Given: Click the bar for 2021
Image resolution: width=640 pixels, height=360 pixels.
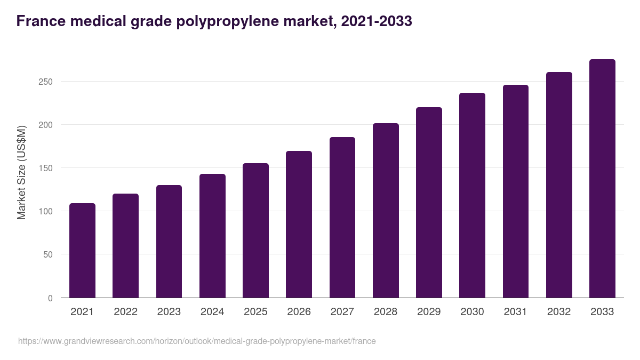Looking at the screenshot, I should pyautogui.click(x=82, y=251).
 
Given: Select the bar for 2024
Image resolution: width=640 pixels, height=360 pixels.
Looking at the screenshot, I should pyautogui.click(x=212, y=236).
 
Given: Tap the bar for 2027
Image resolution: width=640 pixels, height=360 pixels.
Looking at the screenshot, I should pyautogui.click(x=342, y=218).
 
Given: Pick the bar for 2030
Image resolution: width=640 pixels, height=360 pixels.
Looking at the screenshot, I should pyautogui.click(x=472, y=195).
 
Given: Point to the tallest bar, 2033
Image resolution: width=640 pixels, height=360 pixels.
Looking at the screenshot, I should pyautogui.click(x=602, y=179).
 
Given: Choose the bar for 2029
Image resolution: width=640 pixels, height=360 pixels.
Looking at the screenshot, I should pyautogui.click(x=429, y=203).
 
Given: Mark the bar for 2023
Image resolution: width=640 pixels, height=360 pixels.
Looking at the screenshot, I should pyautogui.click(x=169, y=242).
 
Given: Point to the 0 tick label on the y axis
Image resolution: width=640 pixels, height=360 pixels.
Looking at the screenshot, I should pyautogui.click(x=50, y=298).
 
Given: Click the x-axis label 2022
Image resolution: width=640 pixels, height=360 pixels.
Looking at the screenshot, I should pyautogui.click(x=125, y=312).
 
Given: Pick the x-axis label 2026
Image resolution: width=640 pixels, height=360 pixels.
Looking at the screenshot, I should pyautogui.click(x=299, y=312).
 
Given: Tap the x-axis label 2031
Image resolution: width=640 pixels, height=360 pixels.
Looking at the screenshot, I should pyautogui.click(x=515, y=312).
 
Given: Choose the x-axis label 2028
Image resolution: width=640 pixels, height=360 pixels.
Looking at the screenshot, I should pyautogui.click(x=385, y=312).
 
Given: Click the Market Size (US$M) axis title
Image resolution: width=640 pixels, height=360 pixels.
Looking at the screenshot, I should pyautogui.click(x=21, y=172).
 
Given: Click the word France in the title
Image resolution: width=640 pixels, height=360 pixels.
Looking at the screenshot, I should pyautogui.click(x=39, y=21).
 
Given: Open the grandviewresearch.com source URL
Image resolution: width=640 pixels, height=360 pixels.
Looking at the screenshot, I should pyautogui.click(x=197, y=341).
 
